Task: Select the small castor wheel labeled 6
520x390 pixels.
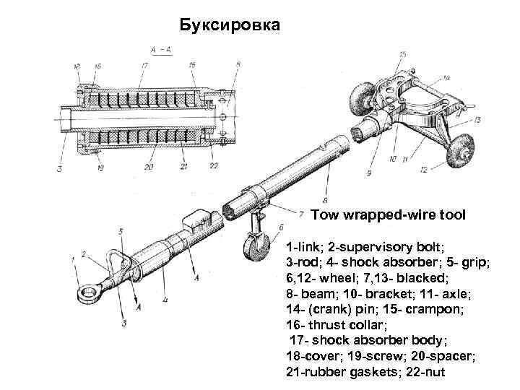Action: (x=254, y=250)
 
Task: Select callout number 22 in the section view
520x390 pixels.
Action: (x=214, y=166)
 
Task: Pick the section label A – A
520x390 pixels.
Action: (x=160, y=49)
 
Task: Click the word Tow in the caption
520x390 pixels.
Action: (x=324, y=214)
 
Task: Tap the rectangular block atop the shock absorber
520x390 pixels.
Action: (x=199, y=218)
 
